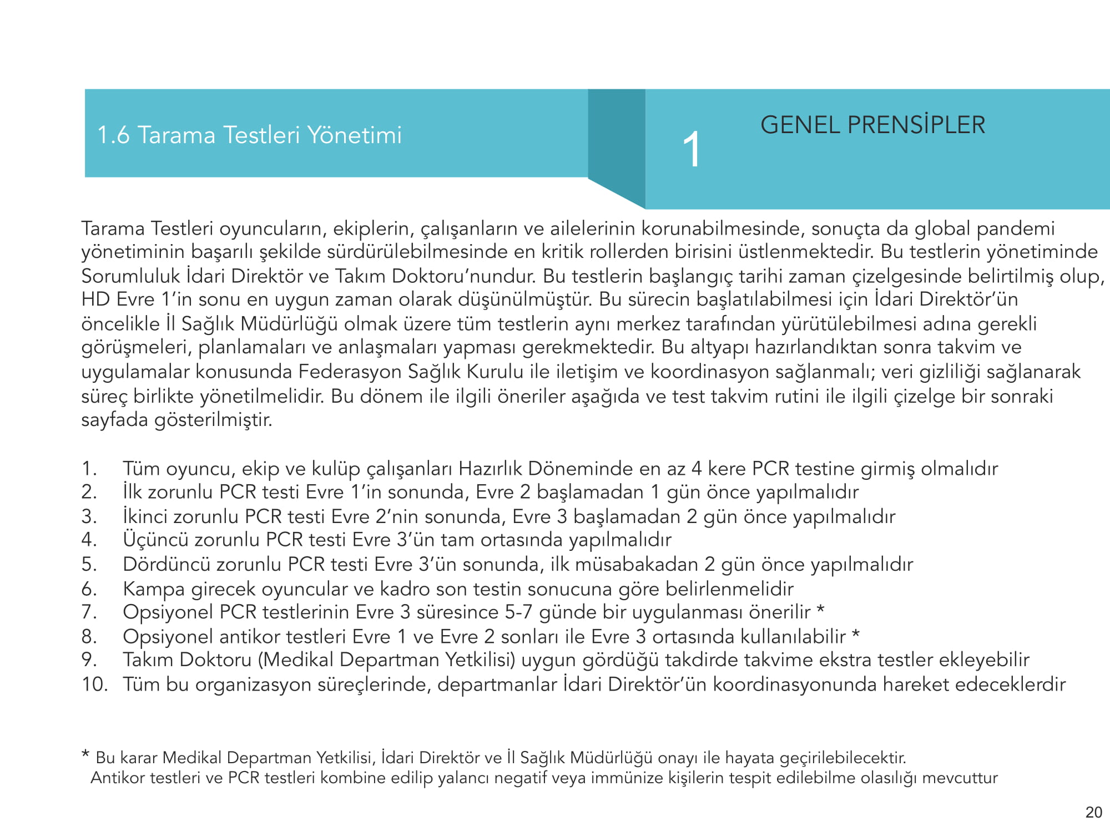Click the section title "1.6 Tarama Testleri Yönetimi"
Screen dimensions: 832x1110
(249, 135)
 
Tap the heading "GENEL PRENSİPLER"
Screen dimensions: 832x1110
(872, 125)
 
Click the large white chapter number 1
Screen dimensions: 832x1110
(692, 149)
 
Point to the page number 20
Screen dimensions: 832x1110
(1093, 812)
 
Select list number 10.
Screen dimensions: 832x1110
(94, 684)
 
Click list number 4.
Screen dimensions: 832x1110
(89, 539)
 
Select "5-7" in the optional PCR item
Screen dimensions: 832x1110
(518, 612)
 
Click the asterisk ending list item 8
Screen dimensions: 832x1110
(856, 633)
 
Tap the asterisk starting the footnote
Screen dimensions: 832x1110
(85, 754)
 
